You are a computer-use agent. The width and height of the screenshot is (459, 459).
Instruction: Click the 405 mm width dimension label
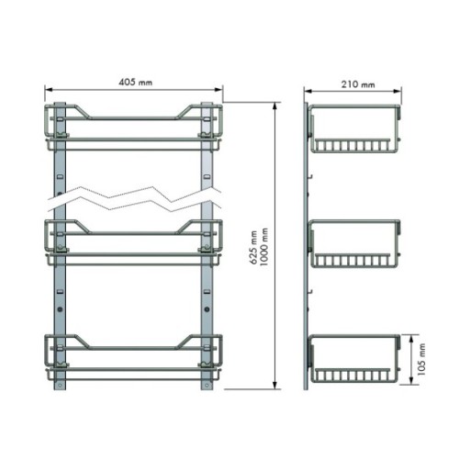(x=135, y=82)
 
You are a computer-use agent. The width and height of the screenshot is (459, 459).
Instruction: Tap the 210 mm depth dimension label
(x=358, y=84)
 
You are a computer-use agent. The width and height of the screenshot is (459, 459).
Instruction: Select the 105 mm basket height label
(x=421, y=360)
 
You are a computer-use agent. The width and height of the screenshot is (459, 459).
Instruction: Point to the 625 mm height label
(x=253, y=248)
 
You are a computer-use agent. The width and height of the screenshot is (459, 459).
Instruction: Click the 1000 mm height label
(x=263, y=247)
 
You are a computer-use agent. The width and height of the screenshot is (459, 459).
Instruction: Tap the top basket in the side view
(x=354, y=129)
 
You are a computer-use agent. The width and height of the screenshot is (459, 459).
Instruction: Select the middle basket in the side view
(x=354, y=243)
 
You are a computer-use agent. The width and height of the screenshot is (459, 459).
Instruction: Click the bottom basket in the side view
(x=354, y=359)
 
